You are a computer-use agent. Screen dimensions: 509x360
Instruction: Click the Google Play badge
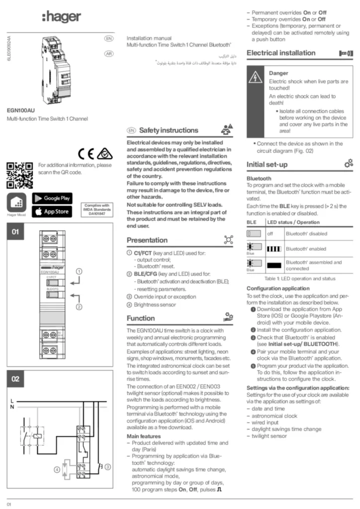coord(52,198)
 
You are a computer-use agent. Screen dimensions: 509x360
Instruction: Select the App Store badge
coord(52,212)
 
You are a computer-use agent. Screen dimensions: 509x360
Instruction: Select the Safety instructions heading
coord(161,130)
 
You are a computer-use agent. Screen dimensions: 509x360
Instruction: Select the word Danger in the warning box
coord(278,73)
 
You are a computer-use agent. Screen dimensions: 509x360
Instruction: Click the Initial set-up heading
coord(267,164)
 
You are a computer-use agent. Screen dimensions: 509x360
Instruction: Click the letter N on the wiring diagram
coord(12,407)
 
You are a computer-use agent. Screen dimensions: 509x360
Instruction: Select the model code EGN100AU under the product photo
coord(20,110)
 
